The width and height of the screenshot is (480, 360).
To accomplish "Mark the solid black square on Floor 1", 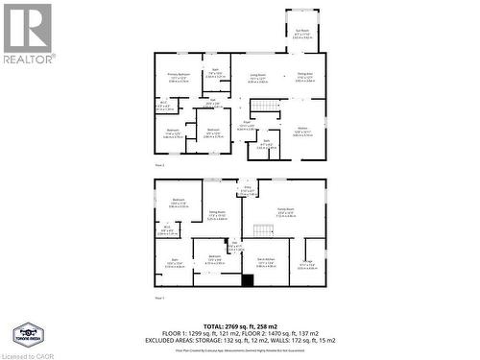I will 247,281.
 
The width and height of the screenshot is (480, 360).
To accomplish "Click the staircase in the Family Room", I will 262,228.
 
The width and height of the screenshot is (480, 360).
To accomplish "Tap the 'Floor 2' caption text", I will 160,167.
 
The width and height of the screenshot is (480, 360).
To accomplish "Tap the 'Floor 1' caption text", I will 160,299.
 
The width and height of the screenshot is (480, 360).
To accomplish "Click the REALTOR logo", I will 28,35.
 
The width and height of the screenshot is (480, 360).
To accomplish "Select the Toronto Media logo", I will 26,332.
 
